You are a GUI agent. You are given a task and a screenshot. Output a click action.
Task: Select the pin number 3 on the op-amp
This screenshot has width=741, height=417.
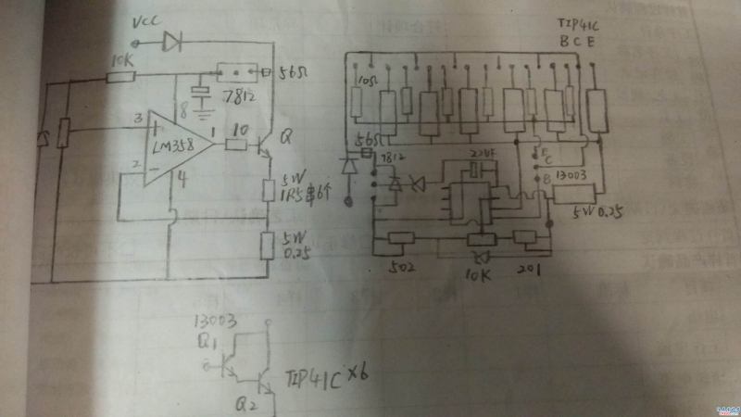[136, 118]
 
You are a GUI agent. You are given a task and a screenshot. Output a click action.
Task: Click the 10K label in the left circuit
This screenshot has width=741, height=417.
[119, 60]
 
